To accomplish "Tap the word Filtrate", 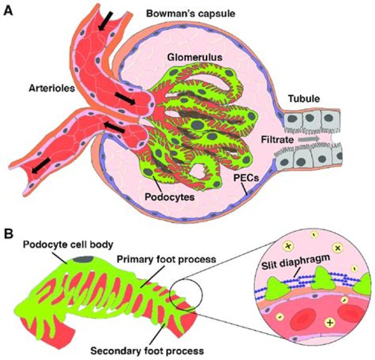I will point(278,140).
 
